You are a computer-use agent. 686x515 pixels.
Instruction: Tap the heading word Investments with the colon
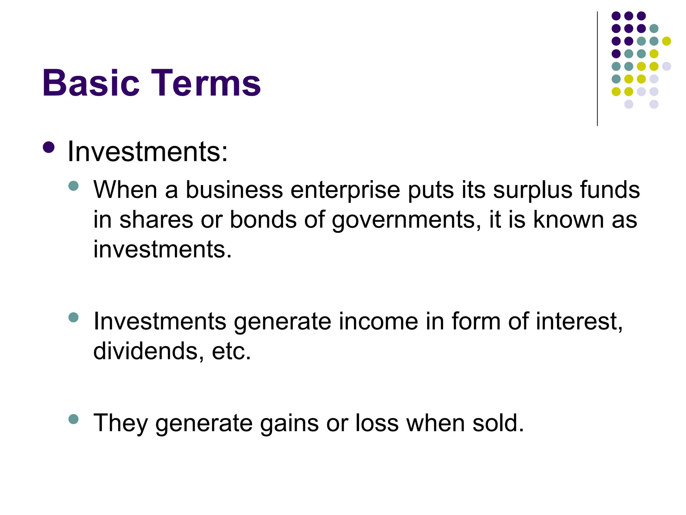coord(147,152)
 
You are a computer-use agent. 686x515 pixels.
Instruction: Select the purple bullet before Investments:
coord(49,147)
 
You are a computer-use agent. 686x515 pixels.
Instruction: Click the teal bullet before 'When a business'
coord(73,186)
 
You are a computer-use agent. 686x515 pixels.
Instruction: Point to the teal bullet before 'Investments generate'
coord(73,317)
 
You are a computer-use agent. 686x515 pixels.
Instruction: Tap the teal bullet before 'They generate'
coord(73,419)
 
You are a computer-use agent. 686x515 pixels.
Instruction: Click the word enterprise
coord(345,190)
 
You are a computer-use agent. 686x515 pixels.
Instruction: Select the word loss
coord(377,423)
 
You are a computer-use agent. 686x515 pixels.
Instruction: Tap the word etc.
coord(231,351)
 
